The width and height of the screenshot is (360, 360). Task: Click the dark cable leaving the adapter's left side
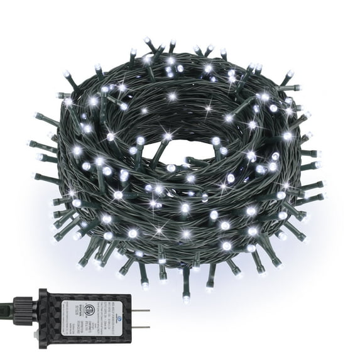tap(6, 308)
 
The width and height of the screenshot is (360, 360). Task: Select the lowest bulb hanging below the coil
tap(186, 299)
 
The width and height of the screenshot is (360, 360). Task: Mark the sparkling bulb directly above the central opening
tap(168, 136)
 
